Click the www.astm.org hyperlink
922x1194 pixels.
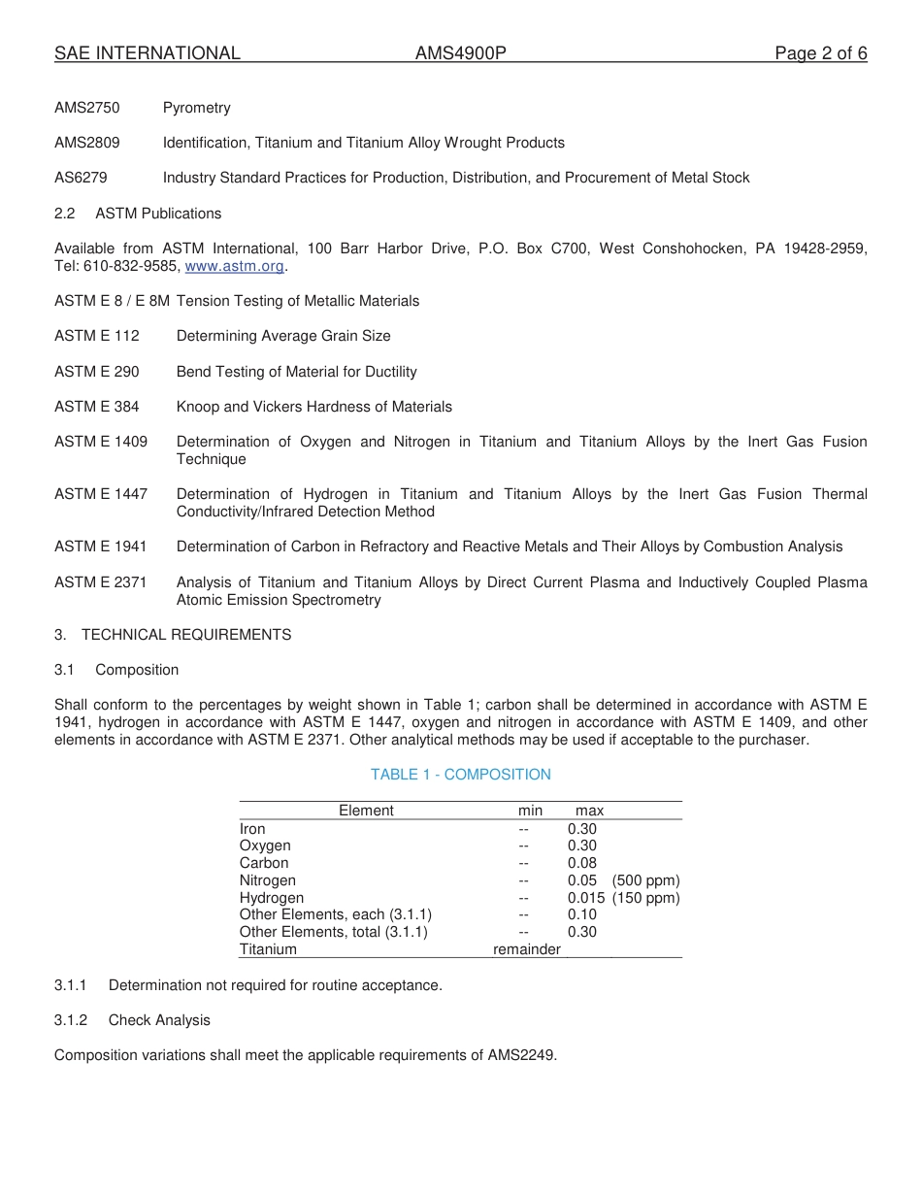[235, 266]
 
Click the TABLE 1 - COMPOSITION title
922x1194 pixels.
[460, 775]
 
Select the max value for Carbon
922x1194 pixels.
[582, 863]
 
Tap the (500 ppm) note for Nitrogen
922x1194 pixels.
[645, 880]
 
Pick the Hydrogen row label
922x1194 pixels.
[272, 898]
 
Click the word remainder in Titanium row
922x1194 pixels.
[526, 949]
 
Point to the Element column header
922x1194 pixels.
[366, 811]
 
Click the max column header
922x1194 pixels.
[589, 811]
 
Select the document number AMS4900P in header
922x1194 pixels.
[460, 53]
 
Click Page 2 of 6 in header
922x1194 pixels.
[820, 53]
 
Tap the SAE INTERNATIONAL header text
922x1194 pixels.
[148, 53]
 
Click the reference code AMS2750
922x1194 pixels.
[87, 108]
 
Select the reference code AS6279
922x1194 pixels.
[81, 178]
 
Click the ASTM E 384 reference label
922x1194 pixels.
[96, 407]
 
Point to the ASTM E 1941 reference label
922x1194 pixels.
[101, 547]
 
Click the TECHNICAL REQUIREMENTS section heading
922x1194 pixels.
[186, 635]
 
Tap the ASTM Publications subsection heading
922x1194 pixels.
[158, 214]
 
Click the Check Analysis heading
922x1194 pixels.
[159, 1020]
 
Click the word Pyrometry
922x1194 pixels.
[196, 108]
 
